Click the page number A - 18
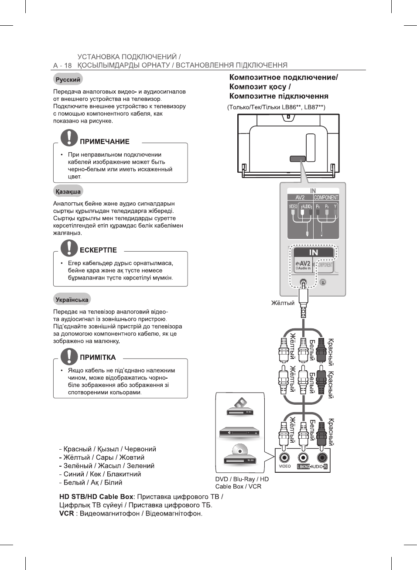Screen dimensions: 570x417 (x=62, y=65)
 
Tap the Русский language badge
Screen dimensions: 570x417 (x=68, y=80)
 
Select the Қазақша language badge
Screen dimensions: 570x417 (x=68, y=191)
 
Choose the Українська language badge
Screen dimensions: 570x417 (x=72, y=300)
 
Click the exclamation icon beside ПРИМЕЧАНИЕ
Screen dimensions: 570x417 (x=69, y=137)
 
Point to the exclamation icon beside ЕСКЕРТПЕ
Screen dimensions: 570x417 (x=69, y=247)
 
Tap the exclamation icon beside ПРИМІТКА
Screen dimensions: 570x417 (x=69, y=356)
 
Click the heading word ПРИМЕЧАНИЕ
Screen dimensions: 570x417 (x=105, y=142)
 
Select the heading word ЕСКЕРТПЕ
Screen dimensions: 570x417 (x=98, y=250)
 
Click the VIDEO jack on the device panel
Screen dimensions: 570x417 (x=284, y=457)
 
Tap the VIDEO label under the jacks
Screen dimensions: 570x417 (x=285, y=466)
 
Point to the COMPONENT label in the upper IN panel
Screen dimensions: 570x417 (x=326, y=198)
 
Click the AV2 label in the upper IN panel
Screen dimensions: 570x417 (x=300, y=198)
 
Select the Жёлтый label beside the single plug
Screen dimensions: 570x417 (x=283, y=303)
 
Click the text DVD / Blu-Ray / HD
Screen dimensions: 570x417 (x=242, y=479)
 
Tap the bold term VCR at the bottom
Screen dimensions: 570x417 (x=67, y=513)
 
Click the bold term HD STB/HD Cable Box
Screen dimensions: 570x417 (x=96, y=497)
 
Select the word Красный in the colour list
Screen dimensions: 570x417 (x=78, y=449)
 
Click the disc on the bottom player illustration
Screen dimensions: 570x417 (x=240, y=449)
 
